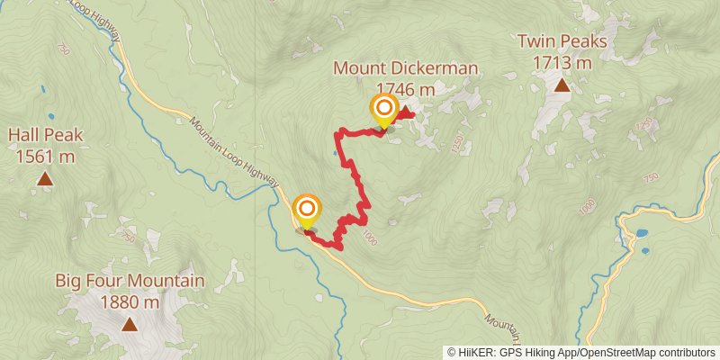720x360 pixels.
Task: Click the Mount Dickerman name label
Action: (405, 69)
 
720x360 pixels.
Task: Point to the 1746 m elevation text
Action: (405, 89)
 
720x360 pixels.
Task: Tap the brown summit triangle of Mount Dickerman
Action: (406, 112)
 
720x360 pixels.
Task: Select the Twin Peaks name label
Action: (562, 42)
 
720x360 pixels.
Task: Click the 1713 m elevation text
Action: (562, 62)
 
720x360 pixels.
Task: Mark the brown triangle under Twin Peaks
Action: (562, 86)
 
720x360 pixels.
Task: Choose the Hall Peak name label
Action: (45, 136)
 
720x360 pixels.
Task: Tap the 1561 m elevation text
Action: (45, 156)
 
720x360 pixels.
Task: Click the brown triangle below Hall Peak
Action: (45, 180)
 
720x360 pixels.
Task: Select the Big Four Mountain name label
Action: (130, 281)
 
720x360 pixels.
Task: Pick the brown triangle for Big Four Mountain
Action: (130, 325)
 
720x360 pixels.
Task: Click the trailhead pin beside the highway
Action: (307, 211)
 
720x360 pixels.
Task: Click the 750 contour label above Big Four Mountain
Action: (127, 236)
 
